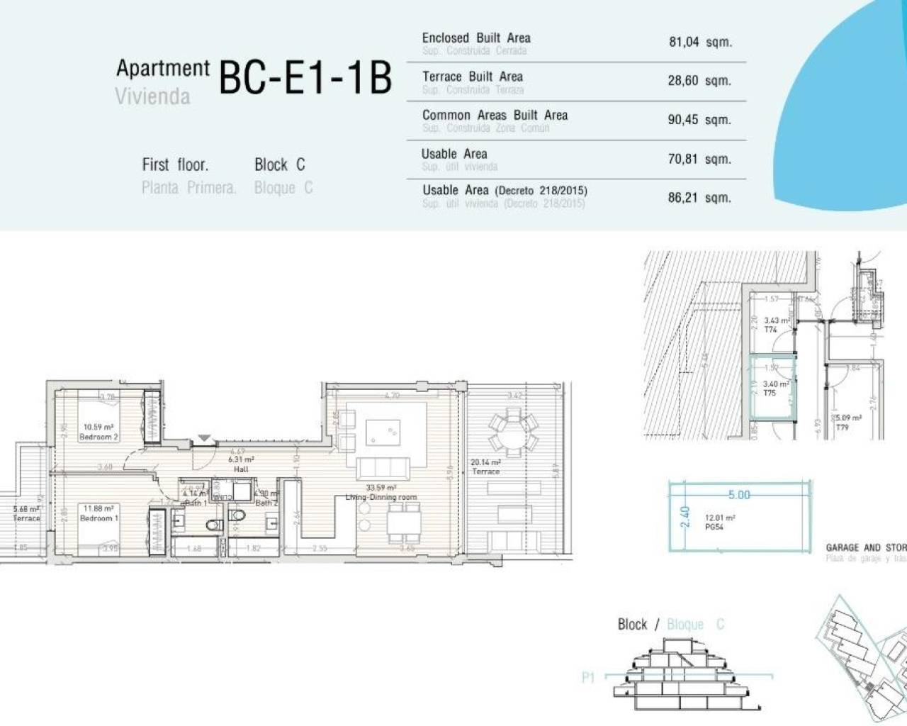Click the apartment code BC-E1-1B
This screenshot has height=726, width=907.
point(305,78)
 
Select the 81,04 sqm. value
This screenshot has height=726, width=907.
point(699,42)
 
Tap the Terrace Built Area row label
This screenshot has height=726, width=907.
point(472,77)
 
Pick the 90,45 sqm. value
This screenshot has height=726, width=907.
point(699,120)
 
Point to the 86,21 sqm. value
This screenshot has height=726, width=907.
point(699,198)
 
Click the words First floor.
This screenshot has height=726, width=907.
point(175,165)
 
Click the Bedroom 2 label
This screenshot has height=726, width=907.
point(98,437)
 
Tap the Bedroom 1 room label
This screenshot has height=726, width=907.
point(98,518)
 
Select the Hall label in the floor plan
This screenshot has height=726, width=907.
point(241,469)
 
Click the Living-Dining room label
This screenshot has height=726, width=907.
point(381,497)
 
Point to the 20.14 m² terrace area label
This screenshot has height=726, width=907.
point(485,463)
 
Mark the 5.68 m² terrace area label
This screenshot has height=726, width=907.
point(26,509)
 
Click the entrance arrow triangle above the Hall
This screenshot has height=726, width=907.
point(204,439)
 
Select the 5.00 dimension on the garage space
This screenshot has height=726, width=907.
point(738,495)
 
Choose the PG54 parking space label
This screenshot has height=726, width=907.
point(714,527)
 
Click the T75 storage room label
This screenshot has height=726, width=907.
point(770,393)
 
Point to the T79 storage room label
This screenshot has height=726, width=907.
point(842,428)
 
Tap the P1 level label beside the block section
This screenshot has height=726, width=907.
point(588,678)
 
